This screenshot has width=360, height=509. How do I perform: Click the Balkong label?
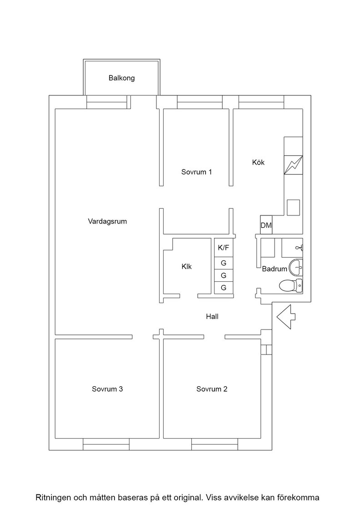point(121,78)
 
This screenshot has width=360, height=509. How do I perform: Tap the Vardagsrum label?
point(107,221)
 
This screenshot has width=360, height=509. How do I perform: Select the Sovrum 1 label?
point(196,172)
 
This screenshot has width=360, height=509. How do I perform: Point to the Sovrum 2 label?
point(212,389)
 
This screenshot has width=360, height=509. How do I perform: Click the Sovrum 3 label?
point(107,389)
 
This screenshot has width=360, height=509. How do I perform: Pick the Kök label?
point(258,162)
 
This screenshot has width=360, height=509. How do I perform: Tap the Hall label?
point(212,316)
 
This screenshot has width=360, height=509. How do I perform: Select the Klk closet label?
point(187,266)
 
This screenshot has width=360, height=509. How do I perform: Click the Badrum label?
point(274,269)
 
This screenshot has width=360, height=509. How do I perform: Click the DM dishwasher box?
point(266,225)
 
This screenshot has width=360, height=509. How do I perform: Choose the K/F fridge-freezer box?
point(223,248)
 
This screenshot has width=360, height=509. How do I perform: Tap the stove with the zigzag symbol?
point(293,165)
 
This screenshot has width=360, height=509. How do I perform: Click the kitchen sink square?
point(293,208)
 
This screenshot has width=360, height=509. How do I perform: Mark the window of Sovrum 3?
point(106,444)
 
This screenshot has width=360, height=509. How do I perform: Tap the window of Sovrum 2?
point(215,444)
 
